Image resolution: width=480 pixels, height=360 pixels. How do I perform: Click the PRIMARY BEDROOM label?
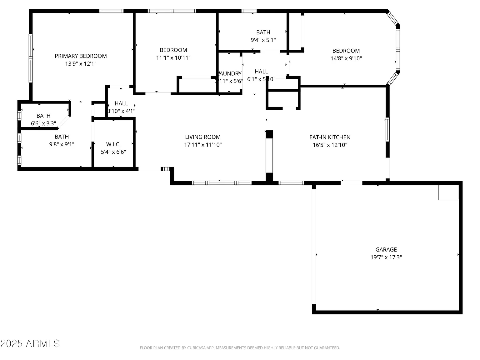click(81, 56)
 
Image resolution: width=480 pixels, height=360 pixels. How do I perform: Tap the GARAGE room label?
click(386, 250)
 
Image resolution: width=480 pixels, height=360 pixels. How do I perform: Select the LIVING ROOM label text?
click(203, 137)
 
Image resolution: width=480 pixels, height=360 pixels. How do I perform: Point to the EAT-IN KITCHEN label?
click(330, 137)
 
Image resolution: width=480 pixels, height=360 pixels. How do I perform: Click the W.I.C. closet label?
click(113, 144)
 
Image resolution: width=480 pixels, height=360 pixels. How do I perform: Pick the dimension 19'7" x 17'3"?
click(386, 257)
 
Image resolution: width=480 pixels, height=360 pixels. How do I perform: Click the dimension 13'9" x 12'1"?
click(81, 64)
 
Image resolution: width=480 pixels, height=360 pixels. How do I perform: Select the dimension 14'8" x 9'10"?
click(346, 58)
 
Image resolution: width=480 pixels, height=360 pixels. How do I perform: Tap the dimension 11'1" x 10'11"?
click(173, 58)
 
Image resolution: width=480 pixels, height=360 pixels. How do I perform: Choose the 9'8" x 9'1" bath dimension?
click(62, 144)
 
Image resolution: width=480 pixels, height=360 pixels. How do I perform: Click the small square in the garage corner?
click(448, 192)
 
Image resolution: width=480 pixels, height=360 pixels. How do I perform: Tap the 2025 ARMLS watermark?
click(30, 344)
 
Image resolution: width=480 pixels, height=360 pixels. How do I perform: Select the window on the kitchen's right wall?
click(387, 129)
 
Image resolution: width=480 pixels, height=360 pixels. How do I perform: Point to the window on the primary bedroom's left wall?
click(31, 58)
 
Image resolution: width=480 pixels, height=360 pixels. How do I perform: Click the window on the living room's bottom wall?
click(222, 183)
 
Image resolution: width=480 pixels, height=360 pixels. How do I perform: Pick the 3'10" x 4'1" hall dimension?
click(121, 111)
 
